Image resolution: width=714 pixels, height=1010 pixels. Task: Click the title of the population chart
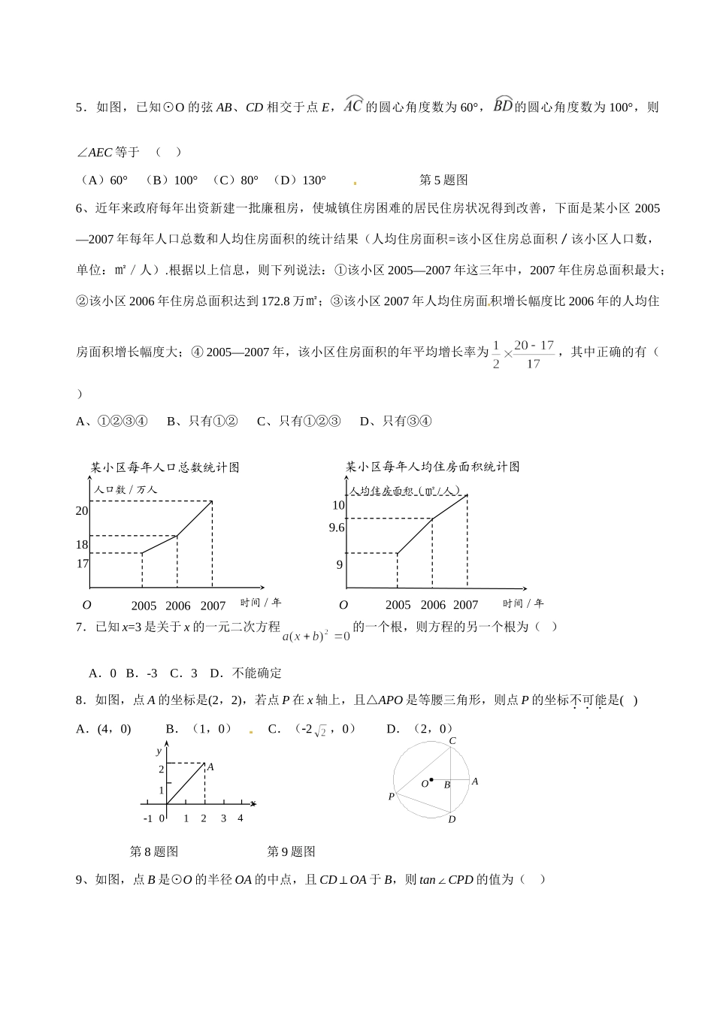click(165, 467)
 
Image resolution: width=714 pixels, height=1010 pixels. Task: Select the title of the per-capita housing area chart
click(433, 467)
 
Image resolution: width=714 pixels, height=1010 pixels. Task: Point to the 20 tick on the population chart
click(82, 511)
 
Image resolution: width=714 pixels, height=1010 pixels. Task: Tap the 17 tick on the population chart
click(82, 564)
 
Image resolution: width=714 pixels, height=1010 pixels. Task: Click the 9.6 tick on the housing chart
click(336, 528)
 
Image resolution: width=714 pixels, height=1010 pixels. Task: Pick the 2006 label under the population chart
click(178, 606)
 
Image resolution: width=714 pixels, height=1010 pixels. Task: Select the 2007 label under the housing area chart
click(466, 605)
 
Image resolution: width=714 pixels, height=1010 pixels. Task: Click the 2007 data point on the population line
click(212, 501)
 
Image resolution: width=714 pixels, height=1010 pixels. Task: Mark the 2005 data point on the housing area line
click(397, 554)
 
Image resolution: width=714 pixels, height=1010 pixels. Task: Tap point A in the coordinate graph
click(204, 764)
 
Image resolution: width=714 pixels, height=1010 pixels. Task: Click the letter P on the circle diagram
click(391, 796)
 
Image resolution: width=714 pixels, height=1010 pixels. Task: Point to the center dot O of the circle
click(431, 780)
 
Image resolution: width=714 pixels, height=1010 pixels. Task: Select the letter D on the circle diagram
click(452, 819)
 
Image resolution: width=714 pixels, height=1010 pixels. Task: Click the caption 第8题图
click(154, 851)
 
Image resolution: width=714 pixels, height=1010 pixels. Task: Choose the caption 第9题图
click(292, 851)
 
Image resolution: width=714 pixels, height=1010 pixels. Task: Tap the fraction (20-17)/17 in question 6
click(534, 354)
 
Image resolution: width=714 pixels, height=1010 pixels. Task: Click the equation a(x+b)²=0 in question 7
click(316, 636)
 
